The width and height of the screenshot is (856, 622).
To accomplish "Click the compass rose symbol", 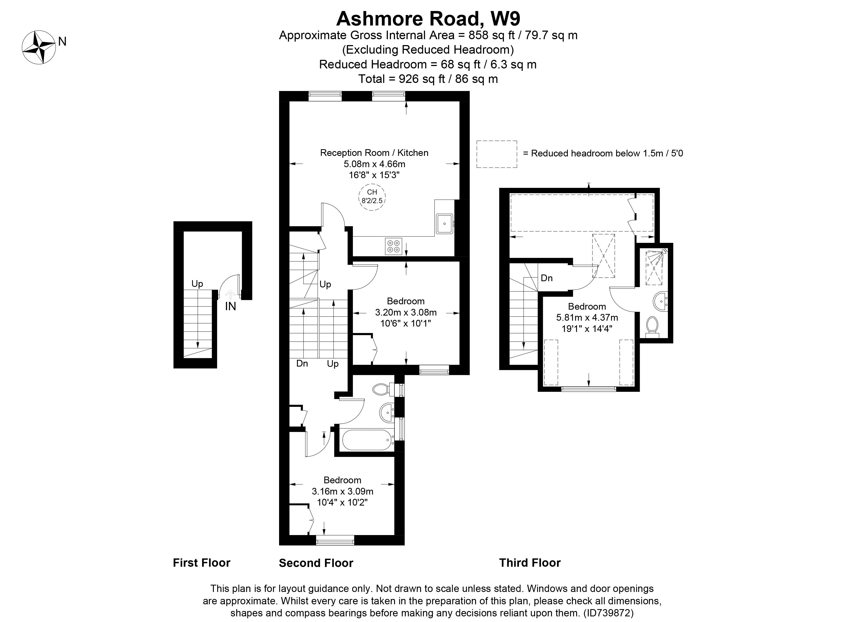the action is click(39, 47).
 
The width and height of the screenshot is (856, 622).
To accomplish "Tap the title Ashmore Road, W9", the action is click(428, 18).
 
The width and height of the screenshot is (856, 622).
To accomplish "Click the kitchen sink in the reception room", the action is click(445, 224).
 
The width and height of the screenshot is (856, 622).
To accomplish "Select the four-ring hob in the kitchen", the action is click(393, 246).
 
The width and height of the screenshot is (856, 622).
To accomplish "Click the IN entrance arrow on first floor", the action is click(230, 294).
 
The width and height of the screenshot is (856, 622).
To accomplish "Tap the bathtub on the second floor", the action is click(367, 440).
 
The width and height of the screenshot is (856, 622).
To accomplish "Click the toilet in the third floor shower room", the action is click(652, 327).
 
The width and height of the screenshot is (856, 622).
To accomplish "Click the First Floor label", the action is click(202, 563).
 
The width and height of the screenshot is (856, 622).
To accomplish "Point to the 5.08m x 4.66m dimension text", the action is click(374, 164).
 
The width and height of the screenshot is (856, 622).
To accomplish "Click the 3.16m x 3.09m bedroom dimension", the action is click(342, 491).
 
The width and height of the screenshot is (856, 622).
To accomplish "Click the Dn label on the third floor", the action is click(547, 278).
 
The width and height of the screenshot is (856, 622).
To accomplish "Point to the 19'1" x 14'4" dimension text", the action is click(587, 328).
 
